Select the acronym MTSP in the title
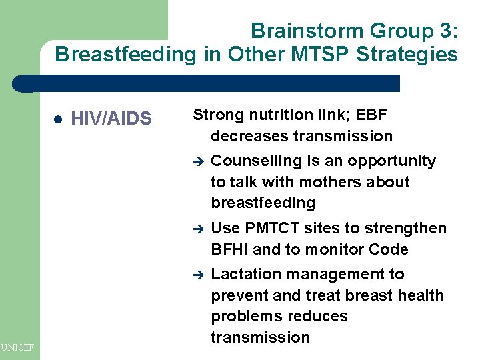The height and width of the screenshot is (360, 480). (x=317, y=54)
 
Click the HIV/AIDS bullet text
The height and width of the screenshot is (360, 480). (x=111, y=119)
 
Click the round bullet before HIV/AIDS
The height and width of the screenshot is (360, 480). (x=57, y=119)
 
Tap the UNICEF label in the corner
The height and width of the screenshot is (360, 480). (x=19, y=347)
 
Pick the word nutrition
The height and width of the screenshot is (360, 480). (x=279, y=115)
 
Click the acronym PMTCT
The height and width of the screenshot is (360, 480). (x=271, y=228)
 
